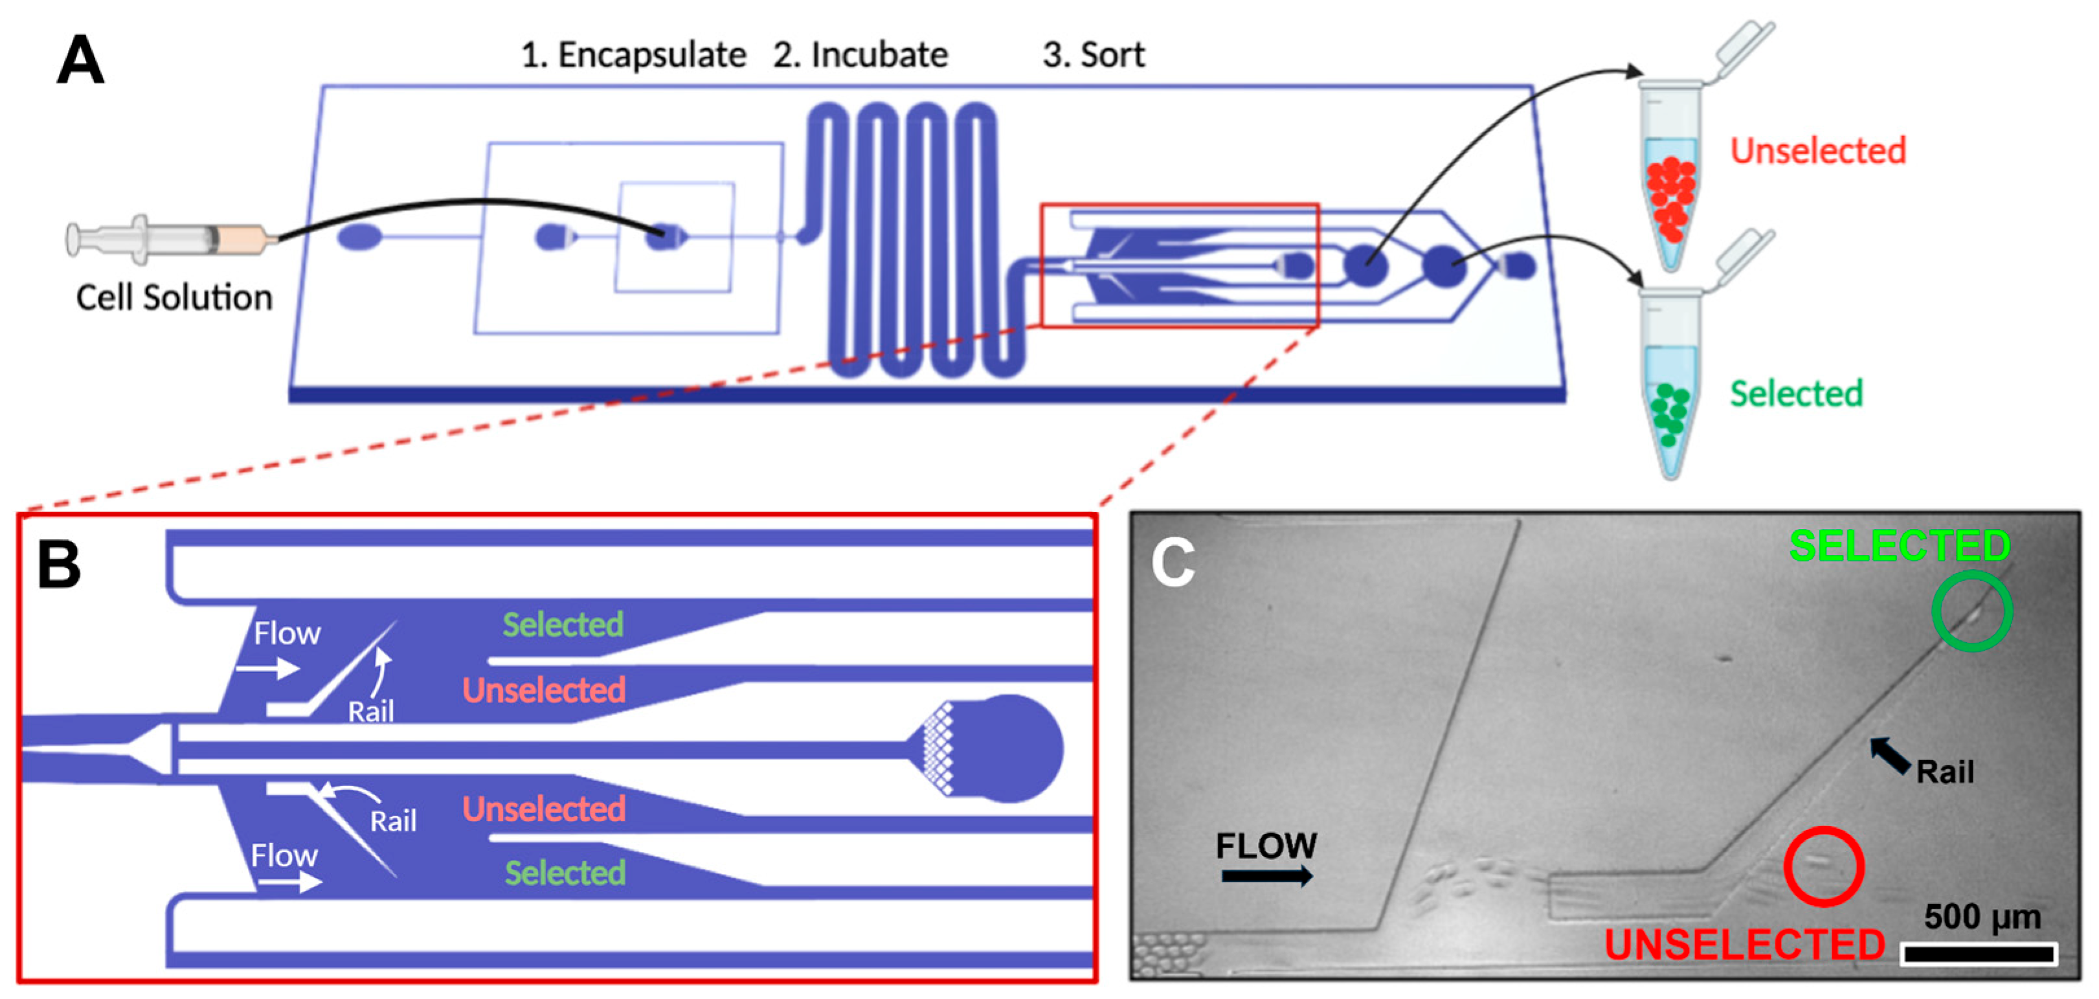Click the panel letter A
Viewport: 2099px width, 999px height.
[81, 60]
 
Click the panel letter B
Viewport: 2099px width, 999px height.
[60, 564]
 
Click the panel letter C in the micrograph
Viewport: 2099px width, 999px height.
[1173, 561]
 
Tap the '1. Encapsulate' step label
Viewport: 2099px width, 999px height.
[633, 54]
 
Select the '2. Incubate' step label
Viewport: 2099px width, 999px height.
[860, 54]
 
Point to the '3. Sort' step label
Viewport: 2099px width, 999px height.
[1094, 54]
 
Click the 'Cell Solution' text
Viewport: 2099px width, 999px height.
[174, 297]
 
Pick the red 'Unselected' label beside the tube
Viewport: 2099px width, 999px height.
[1818, 151]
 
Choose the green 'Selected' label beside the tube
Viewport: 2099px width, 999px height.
[1796, 394]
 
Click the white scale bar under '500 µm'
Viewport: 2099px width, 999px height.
[1979, 952]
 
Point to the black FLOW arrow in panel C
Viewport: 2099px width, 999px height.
[1267, 876]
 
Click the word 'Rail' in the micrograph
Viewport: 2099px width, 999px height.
[1945, 772]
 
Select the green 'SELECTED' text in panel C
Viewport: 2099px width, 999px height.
[1900, 546]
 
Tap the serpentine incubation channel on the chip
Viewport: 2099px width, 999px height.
[914, 240]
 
